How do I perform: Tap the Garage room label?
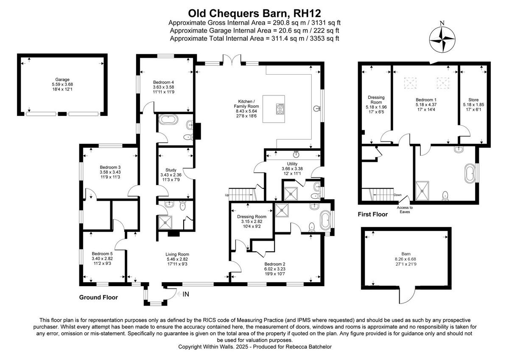62,79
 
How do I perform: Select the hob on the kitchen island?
280,110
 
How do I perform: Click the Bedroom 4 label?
163,82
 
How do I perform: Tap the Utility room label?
292,163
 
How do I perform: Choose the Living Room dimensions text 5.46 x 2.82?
176,259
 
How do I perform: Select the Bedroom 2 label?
275,263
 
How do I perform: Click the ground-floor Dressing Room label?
252,217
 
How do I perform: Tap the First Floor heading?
372,215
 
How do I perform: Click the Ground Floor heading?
98,298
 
